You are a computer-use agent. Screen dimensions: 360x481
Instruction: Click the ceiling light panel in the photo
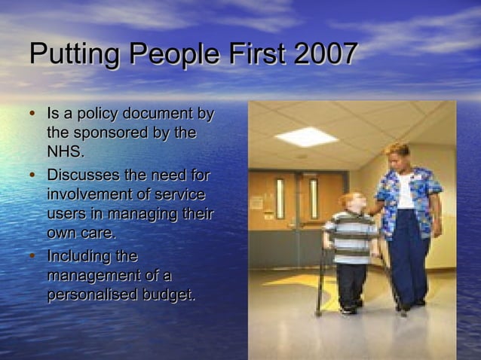pyautogui.click(x=305, y=136)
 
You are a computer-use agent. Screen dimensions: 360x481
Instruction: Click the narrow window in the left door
pyautogui.click(x=280, y=198)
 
